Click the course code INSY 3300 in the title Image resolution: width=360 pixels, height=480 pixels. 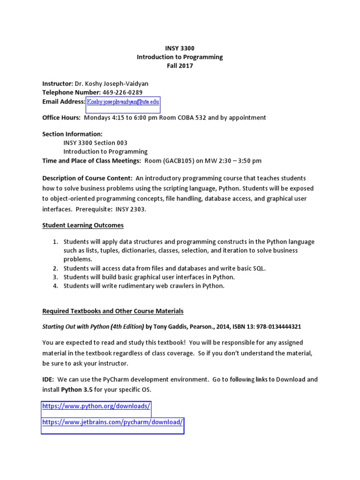coord(180,48)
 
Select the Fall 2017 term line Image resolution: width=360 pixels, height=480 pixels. coord(180,66)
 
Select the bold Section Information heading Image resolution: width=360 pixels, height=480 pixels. coord(72,134)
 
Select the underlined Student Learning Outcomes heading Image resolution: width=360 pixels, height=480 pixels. coord(83,225)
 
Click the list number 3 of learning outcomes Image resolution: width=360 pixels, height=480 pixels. coord(55,277)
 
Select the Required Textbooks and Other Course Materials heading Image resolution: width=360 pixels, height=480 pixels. coord(112,311)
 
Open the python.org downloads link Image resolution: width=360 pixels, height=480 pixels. coord(96,406)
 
